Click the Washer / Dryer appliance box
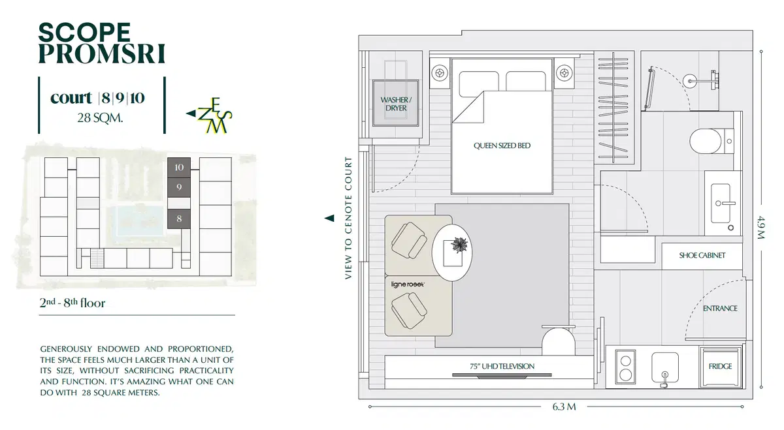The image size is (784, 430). click(396, 103)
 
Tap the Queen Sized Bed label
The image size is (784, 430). click(502, 146)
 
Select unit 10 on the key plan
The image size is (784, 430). click(179, 168)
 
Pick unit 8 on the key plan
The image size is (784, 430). click(179, 219)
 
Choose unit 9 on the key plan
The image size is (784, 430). click(179, 187)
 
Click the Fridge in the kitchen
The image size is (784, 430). click(720, 366)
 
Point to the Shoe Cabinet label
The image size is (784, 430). click(702, 255)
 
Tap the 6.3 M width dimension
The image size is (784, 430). click(564, 407)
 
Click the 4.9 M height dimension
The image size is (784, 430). click(762, 228)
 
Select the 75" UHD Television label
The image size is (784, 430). click(502, 366)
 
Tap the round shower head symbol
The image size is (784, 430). click(690, 81)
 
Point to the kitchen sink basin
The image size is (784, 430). click(665, 367)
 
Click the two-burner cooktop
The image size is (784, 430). click(625, 367)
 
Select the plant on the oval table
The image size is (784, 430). click(459, 245)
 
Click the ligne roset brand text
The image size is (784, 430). click(408, 284)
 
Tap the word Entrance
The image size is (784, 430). click(720, 309)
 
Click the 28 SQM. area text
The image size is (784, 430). click(100, 118)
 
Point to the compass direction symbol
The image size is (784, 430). click(210, 115)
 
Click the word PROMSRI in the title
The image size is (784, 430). click(101, 54)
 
